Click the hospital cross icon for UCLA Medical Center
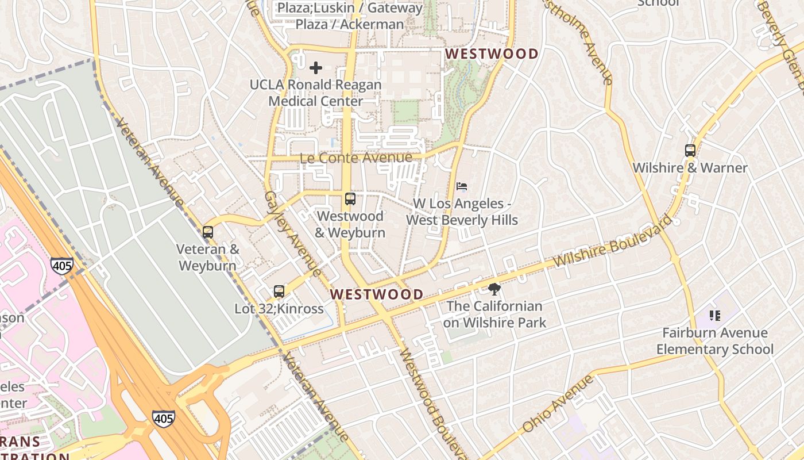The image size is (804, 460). click(315, 68)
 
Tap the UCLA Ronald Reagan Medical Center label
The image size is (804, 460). click(315, 93)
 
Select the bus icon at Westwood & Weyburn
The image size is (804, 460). click(350, 200)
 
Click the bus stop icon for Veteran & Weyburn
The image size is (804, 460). click(208, 232)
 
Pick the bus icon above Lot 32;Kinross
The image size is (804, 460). click(279, 292)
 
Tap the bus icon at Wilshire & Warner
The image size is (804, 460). click(690, 151)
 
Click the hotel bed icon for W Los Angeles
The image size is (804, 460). click(462, 186)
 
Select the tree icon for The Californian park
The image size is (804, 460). click(494, 289)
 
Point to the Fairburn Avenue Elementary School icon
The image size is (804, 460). click(715, 315)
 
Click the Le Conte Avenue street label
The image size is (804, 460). click(356, 158)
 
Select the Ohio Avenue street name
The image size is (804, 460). click(558, 404)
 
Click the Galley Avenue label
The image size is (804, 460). click(292, 232)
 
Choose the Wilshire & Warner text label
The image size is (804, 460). click(690, 168)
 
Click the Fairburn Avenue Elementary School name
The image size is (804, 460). click(715, 341)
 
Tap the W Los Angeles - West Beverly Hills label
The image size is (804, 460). click(462, 212)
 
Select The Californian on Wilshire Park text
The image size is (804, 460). click(494, 315)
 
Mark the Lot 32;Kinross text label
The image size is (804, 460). click(279, 309)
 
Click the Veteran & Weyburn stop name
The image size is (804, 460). click(207, 258)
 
